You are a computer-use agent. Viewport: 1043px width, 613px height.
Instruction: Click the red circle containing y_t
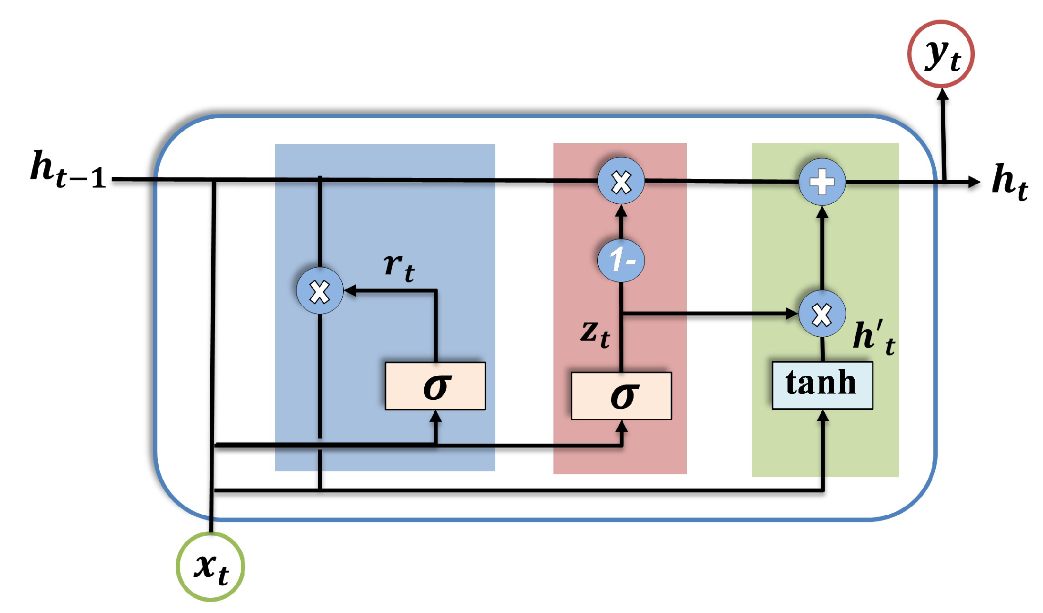pos(941,54)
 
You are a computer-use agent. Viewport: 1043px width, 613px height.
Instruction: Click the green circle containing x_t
pos(210,566)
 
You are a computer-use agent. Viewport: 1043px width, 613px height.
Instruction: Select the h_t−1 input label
pos(69,170)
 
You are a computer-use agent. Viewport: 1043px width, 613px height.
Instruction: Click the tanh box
pos(822,385)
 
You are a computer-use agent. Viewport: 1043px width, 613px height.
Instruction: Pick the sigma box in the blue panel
pos(435,385)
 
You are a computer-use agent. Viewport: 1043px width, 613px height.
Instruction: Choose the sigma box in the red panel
pos(621,395)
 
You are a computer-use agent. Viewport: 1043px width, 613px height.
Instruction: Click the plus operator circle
pos(822,182)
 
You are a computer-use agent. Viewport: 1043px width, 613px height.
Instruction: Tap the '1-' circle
pos(621,260)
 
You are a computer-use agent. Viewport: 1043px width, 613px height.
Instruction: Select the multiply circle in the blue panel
pos(319,291)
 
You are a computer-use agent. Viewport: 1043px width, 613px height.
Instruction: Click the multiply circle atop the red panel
pos(621,182)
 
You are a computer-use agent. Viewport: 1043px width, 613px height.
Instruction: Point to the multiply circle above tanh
pos(822,314)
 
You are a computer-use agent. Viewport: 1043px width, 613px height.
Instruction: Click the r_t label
pos(399,267)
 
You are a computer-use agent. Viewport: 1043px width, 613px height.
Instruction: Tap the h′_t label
pos(873,338)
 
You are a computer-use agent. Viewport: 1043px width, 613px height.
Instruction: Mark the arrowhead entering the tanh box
pos(823,416)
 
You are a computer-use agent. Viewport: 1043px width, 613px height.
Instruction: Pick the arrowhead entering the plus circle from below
pos(822,212)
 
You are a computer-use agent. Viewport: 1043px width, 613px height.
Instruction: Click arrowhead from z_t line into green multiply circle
pos(791,313)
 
